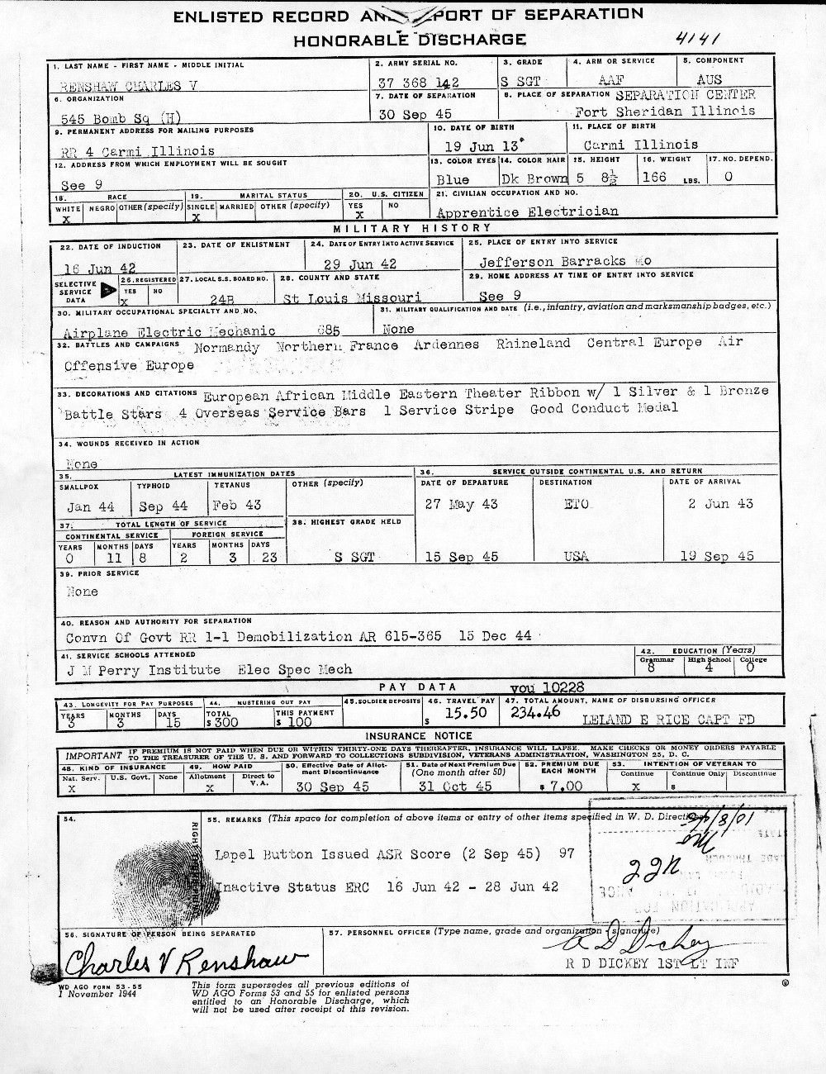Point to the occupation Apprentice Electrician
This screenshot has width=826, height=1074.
[527, 211]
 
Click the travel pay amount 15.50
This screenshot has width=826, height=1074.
[463, 712]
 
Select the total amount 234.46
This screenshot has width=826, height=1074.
[537, 710]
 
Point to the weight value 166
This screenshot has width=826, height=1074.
[654, 178]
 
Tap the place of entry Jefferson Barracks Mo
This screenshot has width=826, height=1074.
[565, 260]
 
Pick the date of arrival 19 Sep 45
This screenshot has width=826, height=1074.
[717, 556]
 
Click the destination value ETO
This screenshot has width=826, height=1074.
[577, 504]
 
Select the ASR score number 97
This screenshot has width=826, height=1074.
[566, 853]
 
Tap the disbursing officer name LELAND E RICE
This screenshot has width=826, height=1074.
[632, 720]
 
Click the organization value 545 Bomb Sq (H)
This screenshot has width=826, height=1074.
[123, 117]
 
